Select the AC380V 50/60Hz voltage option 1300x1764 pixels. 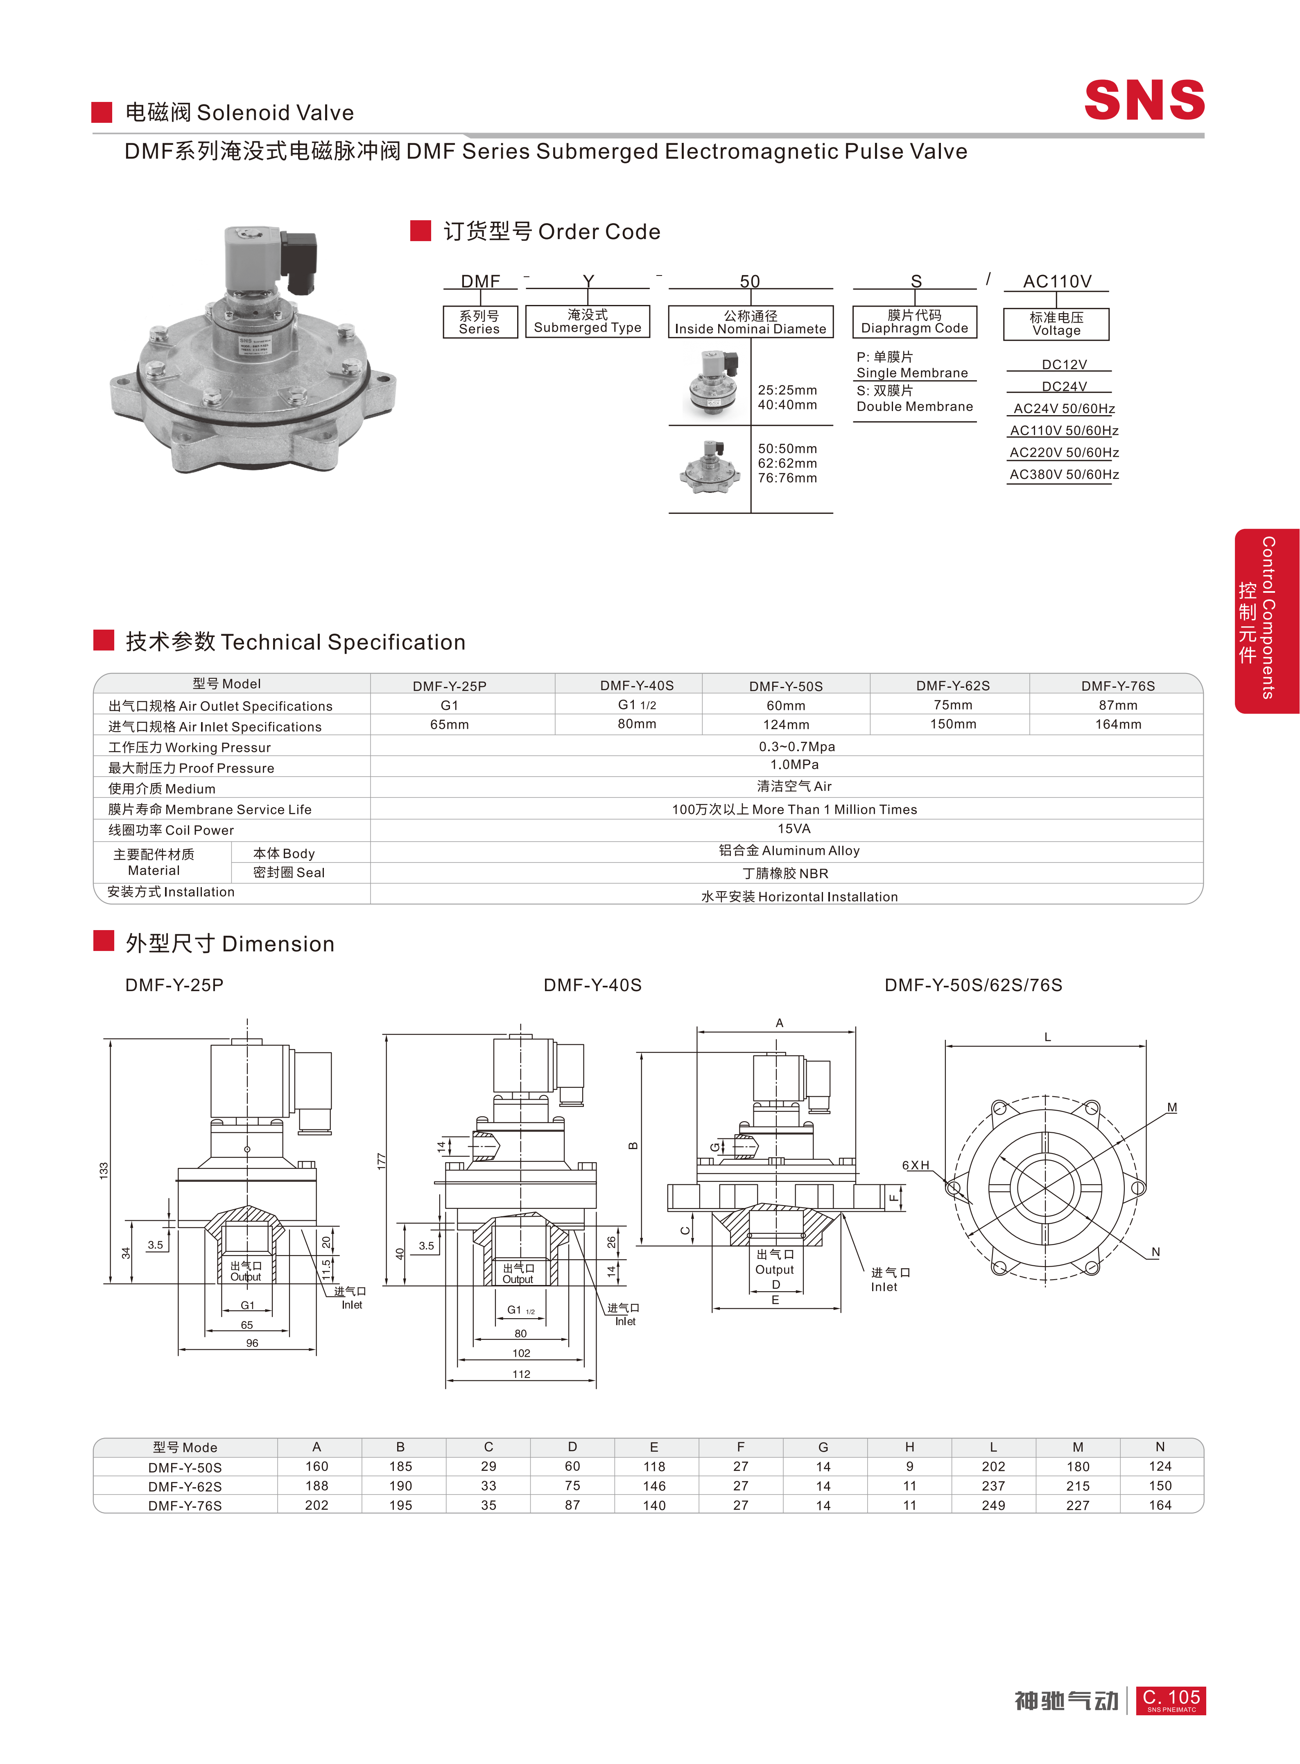[1064, 474]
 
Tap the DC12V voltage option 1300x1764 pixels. [1064, 364]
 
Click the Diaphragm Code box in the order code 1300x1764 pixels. [914, 322]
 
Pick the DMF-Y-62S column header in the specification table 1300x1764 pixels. [952, 685]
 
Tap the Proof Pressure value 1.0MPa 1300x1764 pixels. [794, 765]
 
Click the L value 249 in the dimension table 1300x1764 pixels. [993, 1505]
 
